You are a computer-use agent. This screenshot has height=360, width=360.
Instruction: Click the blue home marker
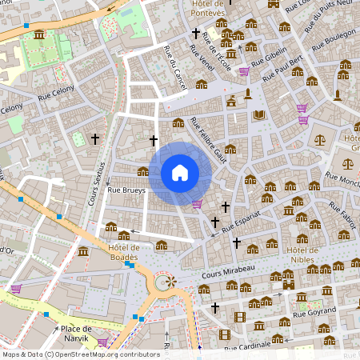[x=179, y=173]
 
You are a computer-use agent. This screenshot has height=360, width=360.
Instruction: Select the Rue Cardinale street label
[x=250, y=348]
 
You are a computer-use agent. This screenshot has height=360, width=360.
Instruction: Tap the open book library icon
[x=258, y=115]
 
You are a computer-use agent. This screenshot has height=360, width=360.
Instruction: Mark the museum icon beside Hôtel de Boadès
[x=84, y=252]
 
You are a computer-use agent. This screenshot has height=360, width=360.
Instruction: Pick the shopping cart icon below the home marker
[x=197, y=204]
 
